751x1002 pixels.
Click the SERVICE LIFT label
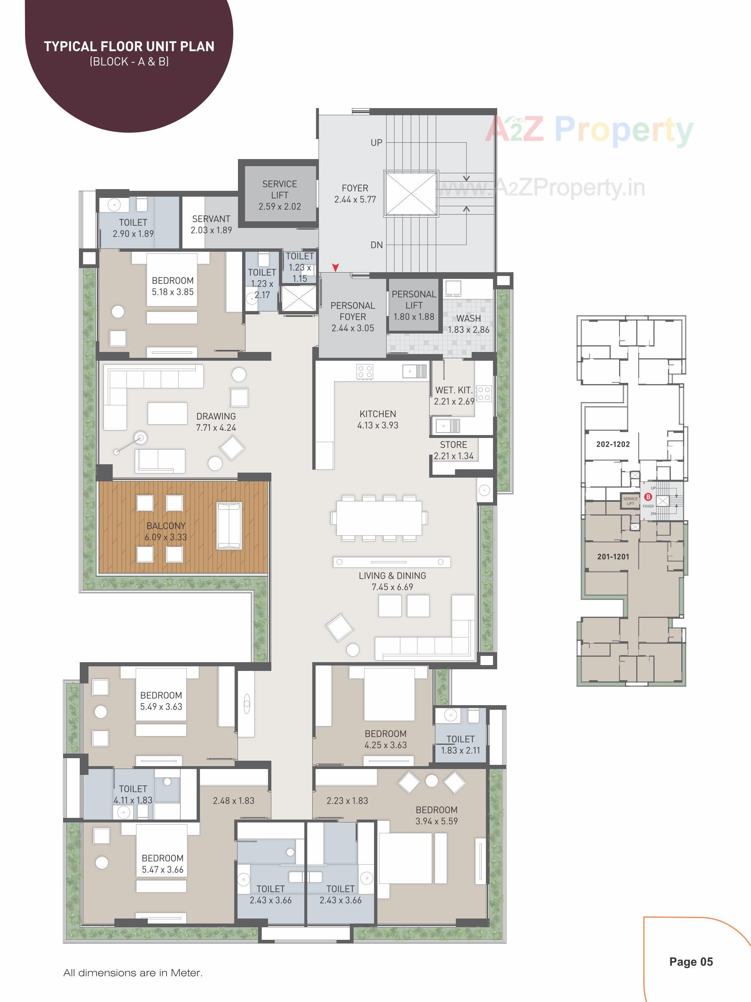click(279, 190)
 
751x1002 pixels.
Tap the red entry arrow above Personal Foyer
click(335, 268)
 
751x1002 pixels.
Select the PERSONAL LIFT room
click(414, 305)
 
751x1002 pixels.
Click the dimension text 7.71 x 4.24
click(216, 428)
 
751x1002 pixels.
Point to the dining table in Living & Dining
click(379, 518)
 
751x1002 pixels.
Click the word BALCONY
click(166, 526)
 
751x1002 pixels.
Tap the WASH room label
click(468, 319)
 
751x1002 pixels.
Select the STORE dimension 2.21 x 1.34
click(453, 456)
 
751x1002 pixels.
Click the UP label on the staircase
click(377, 143)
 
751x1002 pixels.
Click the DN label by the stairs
click(377, 245)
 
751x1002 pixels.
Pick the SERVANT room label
click(211, 219)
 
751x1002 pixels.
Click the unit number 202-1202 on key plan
click(613, 444)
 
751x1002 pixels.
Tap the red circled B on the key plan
click(648, 497)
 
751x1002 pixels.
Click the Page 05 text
click(691, 961)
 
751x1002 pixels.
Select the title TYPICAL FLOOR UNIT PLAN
click(129, 47)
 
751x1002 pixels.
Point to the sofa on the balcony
click(229, 526)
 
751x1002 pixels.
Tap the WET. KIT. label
click(453, 390)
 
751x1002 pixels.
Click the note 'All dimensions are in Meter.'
click(133, 972)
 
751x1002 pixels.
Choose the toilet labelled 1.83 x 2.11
click(460, 744)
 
